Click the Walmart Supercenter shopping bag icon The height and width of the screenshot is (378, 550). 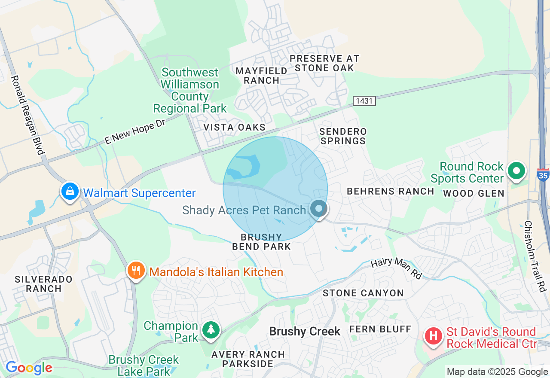pyautogui.click(x=70, y=191)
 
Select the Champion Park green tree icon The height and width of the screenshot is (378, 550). pyautogui.click(x=211, y=330)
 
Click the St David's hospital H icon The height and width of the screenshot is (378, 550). pyautogui.click(x=434, y=335)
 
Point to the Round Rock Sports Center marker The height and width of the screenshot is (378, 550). pyautogui.click(x=516, y=171)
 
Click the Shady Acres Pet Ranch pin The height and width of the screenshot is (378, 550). pyautogui.click(x=318, y=209)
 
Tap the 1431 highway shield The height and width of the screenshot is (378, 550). pyautogui.click(x=364, y=101)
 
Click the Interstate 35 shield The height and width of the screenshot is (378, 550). pyautogui.click(x=543, y=174)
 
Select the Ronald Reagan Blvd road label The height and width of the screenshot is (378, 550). pyautogui.click(x=28, y=115)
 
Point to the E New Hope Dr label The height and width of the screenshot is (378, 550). pyautogui.click(x=135, y=131)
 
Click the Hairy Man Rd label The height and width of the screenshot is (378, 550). pyautogui.click(x=396, y=268)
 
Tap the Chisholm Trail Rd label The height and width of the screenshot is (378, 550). pyautogui.click(x=534, y=256)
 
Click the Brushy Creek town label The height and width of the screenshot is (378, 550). pyautogui.click(x=305, y=332)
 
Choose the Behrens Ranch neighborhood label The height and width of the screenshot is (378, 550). pyautogui.click(x=390, y=191)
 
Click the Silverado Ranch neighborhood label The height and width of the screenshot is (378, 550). pyautogui.click(x=44, y=284)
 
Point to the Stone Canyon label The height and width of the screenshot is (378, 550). pyautogui.click(x=363, y=293)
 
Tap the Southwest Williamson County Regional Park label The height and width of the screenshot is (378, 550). pyautogui.click(x=190, y=90)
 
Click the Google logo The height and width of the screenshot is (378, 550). pyautogui.click(x=29, y=368)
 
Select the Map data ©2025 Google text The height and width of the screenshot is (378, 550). pyautogui.click(x=497, y=372)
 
